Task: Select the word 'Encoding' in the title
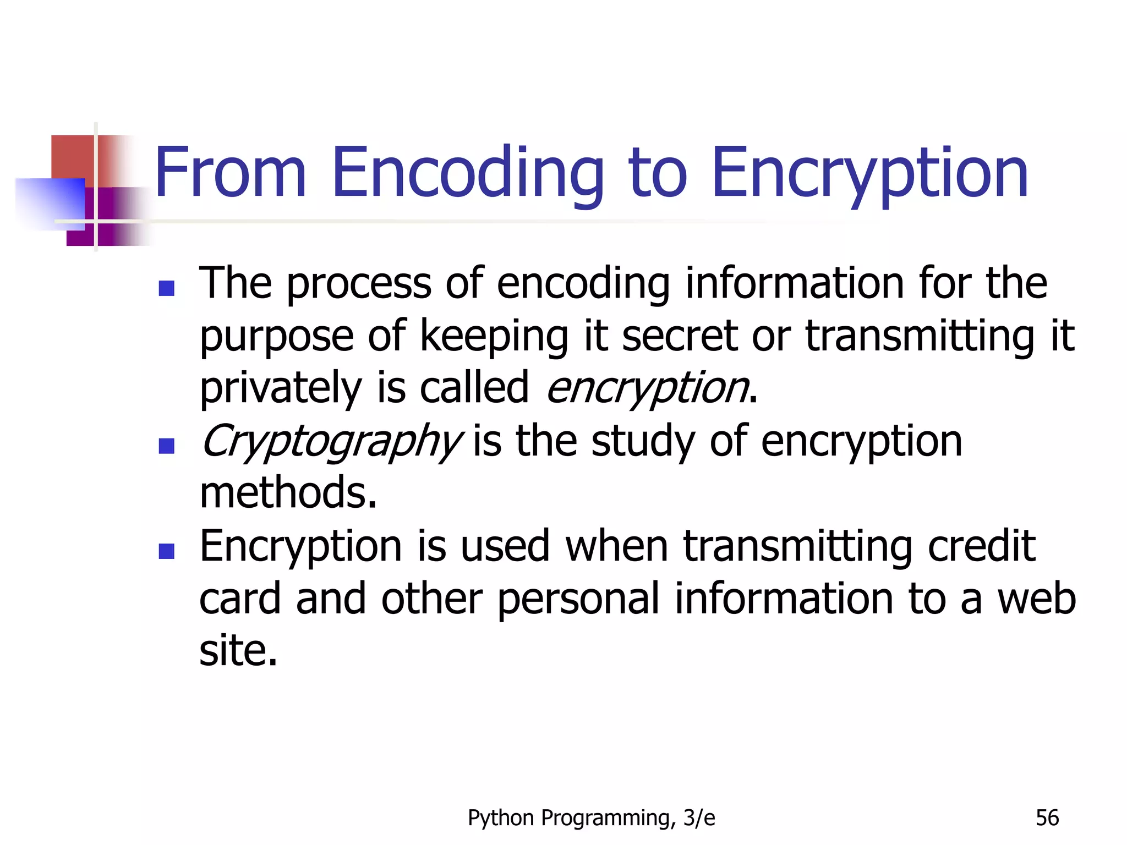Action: click(467, 174)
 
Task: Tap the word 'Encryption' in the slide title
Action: click(869, 174)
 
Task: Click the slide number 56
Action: click(1047, 818)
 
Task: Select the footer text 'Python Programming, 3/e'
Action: click(591, 818)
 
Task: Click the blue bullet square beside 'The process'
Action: click(166, 288)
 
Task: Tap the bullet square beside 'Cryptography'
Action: click(166, 446)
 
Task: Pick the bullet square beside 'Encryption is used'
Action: click(166, 551)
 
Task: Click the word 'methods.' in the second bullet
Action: click(288, 492)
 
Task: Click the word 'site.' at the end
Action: click(238, 651)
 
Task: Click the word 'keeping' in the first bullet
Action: click(494, 337)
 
